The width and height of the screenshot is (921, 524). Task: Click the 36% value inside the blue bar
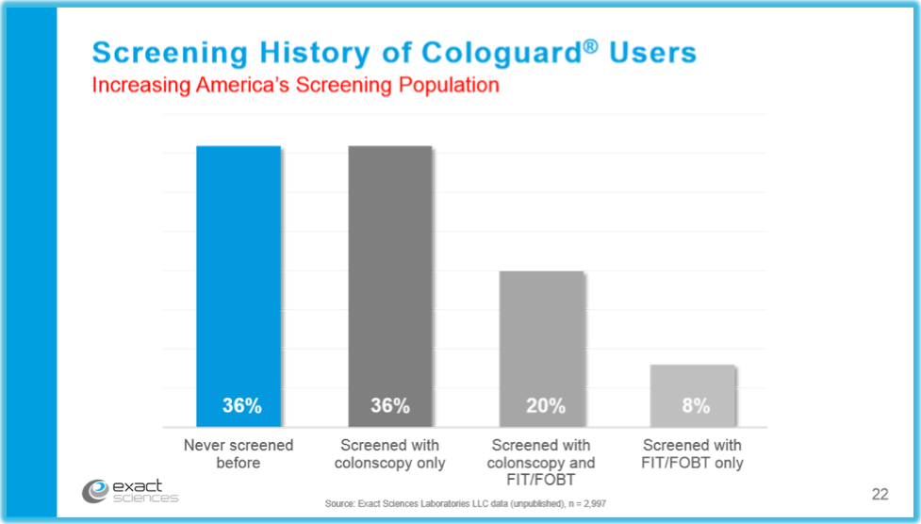[x=241, y=406]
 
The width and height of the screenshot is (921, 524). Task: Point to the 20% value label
[x=545, y=406]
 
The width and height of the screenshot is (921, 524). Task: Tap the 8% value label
[x=696, y=406]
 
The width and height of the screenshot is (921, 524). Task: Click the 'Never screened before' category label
[x=238, y=453]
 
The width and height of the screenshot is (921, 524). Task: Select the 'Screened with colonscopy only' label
[x=389, y=453]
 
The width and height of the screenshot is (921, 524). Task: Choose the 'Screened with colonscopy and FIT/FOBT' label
[x=541, y=462]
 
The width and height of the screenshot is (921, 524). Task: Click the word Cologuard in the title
[x=500, y=52]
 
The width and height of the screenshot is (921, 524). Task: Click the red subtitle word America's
[x=247, y=85]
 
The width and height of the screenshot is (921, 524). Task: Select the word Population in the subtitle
[x=446, y=85]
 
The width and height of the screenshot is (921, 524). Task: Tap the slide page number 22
[x=880, y=494]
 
